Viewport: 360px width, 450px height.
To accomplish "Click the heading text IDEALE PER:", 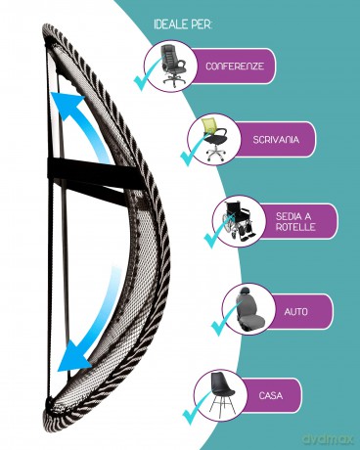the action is (183, 25).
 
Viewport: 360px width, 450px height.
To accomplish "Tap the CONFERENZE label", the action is (235, 67).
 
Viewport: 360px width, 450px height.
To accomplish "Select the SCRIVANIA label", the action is (276, 140).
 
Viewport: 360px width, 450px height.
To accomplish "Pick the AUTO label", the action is (296, 311).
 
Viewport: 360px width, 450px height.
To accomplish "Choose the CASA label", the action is (271, 395).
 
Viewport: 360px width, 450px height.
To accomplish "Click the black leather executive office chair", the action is (173, 66).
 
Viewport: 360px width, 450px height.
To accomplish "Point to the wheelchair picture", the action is (238, 220).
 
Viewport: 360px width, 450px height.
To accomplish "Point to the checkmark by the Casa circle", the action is (196, 410).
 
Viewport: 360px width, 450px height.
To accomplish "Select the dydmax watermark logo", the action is (328, 438).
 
